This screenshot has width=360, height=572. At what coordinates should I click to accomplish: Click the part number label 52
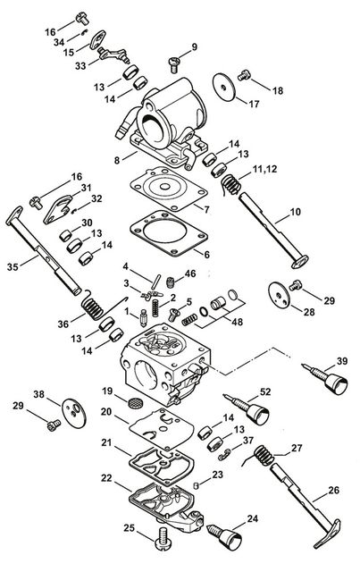[x=265, y=391]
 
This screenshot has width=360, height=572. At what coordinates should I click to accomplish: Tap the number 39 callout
[x=342, y=361]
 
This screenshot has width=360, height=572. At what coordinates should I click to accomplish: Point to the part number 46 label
[x=190, y=273]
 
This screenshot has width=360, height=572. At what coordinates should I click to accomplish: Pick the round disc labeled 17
[x=224, y=85]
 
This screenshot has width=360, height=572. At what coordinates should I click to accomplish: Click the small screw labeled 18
[x=244, y=75]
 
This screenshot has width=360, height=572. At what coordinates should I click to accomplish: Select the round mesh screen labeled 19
[x=135, y=403]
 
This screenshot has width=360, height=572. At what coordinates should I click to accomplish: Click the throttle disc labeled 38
[x=74, y=412]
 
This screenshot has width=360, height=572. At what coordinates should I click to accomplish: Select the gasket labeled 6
[x=169, y=232]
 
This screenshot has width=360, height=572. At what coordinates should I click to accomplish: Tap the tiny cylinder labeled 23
[x=196, y=485]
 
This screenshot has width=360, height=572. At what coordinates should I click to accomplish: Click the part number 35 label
[x=13, y=267]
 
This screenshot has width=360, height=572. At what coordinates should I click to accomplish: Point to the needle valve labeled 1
[x=143, y=318]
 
